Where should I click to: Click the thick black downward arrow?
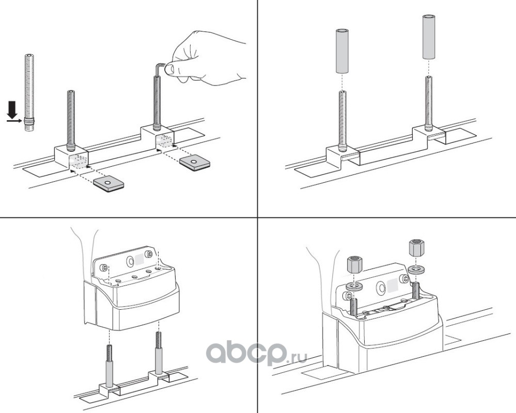[12, 110]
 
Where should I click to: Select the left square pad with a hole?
[109, 184]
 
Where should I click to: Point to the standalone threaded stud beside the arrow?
[29, 92]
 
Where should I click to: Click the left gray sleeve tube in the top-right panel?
[342, 51]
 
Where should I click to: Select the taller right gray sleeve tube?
[429, 37]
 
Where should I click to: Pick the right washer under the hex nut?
[416, 269]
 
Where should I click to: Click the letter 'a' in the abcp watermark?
[219, 353]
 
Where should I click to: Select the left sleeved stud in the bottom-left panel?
[110, 365]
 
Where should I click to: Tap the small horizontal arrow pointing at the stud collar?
[15, 121]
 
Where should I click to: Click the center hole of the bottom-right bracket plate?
[381, 287]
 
